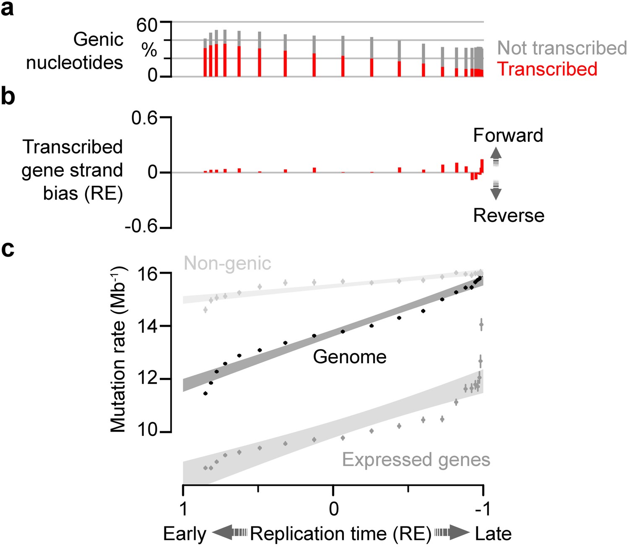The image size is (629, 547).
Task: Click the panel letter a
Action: point(7,9)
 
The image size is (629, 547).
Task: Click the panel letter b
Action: point(8,97)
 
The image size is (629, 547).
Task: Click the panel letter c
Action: point(8,249)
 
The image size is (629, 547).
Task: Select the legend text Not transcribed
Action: point(561,48)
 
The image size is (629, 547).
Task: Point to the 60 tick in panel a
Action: point(147,25)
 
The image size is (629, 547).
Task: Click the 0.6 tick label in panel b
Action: point(144,119)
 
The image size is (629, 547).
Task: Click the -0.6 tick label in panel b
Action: point(141,227)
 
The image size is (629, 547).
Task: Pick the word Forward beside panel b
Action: point(508,135)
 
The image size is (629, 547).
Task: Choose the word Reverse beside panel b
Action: point(509,216)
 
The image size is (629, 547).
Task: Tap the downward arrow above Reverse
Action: point(496,190)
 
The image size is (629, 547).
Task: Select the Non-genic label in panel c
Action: point(227,263)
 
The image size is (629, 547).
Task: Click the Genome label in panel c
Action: point(350,357)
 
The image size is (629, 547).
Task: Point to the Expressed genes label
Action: point(416,460)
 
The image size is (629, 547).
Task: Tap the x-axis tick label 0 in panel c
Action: point(333,508)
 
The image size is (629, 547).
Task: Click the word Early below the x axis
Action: point(185,534)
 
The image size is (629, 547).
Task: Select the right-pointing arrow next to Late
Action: point(452,533)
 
